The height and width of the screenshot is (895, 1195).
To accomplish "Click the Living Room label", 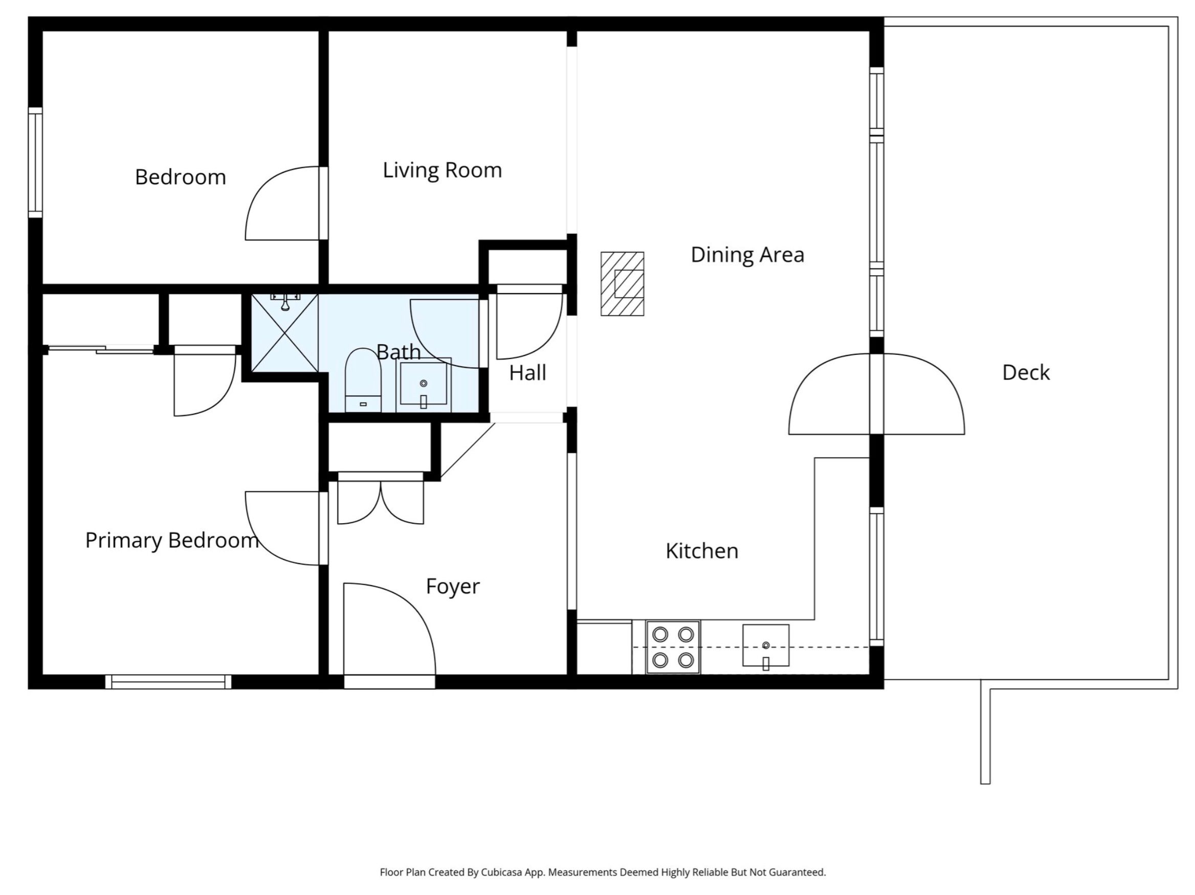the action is coord(442,171).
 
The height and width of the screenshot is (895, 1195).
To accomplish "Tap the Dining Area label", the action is coord(747,254).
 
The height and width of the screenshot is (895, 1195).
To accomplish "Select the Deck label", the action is coord(1026,373).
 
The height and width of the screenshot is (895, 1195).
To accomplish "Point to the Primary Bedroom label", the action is coord(172,541).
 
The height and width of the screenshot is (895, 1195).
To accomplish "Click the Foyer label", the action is coord(453,587).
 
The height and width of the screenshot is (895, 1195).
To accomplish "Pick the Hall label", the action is coord(528,373).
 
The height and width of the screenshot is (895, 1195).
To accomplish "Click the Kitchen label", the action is coord(702,551).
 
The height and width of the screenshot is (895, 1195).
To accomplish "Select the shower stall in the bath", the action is coord(285,333).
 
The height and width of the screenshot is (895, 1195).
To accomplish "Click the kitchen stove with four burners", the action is coord(673,647).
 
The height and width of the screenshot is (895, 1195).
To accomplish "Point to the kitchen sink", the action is coord(765,646).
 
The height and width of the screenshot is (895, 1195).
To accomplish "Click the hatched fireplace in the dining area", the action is coord(623,283).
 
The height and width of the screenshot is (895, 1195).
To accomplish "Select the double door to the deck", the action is coord(876,394).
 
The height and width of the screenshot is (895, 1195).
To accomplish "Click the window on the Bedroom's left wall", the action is coord(35,163).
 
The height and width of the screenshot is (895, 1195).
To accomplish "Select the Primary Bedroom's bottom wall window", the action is coord(168,682).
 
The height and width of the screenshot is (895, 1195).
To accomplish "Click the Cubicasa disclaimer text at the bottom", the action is coord(603,827).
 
